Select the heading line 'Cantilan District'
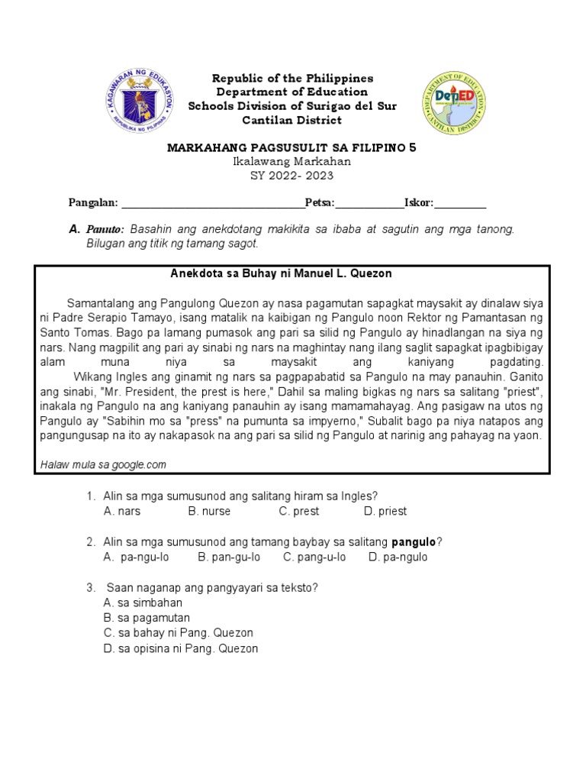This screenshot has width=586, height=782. click(292, 121)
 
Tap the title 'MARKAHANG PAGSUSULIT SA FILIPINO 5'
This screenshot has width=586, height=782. click(292, 147)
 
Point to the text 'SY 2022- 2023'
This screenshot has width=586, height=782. click(292, 175)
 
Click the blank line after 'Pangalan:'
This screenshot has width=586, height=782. click(212, 203)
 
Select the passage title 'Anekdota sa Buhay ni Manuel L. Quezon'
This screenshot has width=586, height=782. click(292, 273)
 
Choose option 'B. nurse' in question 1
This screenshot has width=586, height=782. click(209, 511)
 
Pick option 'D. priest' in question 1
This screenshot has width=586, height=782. click(385, 511)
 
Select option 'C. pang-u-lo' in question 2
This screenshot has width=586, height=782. click(314, 557)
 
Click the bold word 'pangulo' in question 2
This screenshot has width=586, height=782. click(414, 541)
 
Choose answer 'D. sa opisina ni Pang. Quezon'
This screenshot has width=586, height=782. click(180, 648)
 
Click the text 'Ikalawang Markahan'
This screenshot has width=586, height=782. click(292, 161)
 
